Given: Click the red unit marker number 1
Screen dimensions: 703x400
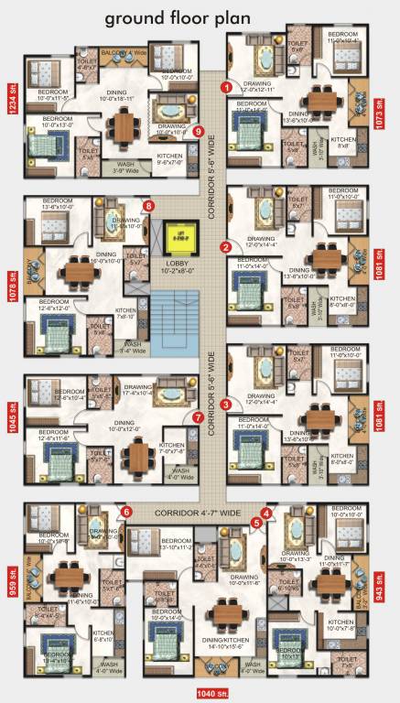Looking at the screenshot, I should pos(226,87).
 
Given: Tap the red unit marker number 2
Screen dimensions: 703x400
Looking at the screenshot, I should pos(226,246).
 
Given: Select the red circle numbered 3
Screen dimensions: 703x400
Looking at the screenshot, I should pos(226,404).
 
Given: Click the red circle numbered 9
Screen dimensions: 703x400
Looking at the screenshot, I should pos(199,131).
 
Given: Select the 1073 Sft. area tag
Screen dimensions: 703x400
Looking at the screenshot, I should pos(388,120).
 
